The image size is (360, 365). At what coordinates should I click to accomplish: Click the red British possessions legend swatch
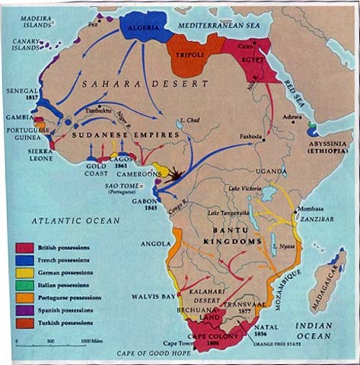pyautogui.click(x=24, y=248)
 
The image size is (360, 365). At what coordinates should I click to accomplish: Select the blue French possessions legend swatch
pyautogui.click(x=24, y=261)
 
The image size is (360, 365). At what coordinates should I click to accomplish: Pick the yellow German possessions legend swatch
pyautogui.click(x=24, y=273)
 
